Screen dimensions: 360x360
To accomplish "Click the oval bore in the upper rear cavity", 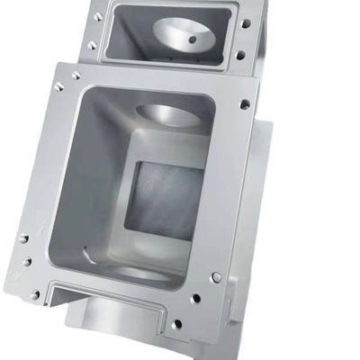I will point(184,36).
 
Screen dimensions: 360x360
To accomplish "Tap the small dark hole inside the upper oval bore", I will point(191,40).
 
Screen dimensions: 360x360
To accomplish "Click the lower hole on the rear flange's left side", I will point(92,45).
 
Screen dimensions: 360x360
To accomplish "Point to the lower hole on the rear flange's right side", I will point(240,55).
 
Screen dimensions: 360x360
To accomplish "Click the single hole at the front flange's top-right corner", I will point(245,104).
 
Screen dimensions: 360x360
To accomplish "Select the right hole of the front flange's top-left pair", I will point(75,76).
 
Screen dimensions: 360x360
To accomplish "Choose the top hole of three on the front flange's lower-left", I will point(23,238).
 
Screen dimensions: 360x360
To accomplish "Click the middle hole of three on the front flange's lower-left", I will point(26,262).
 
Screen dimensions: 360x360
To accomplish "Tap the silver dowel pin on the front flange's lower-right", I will point(216,277).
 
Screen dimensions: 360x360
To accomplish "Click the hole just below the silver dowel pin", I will point(195,299).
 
